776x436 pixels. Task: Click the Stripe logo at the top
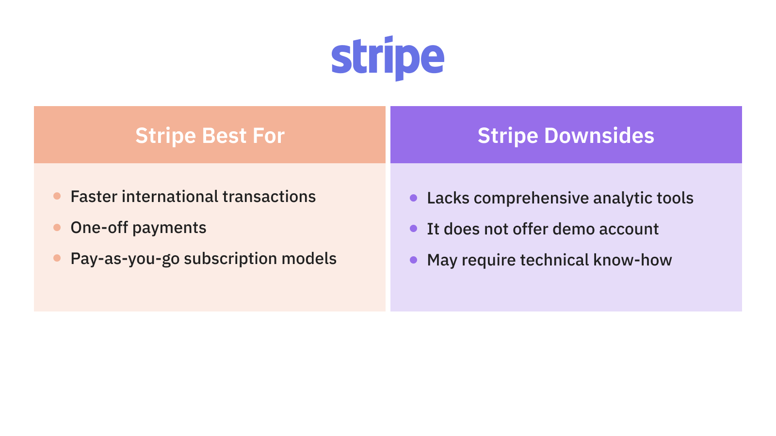coord(388,58)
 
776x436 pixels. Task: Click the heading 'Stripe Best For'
coord(210,135)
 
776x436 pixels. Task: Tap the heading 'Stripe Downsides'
coord(566,135)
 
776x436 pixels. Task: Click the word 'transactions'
coord(269,197)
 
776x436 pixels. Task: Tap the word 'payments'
coord(169,228)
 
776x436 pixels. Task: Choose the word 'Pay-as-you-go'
coord(125,259)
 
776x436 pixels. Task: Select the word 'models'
coord(309,259)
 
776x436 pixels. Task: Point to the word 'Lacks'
coord(448,198)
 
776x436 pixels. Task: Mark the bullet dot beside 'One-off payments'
coord(57,227)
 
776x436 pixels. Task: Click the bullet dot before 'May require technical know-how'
coord(413,260)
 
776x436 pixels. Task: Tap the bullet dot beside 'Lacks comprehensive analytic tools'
coord(413,198)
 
